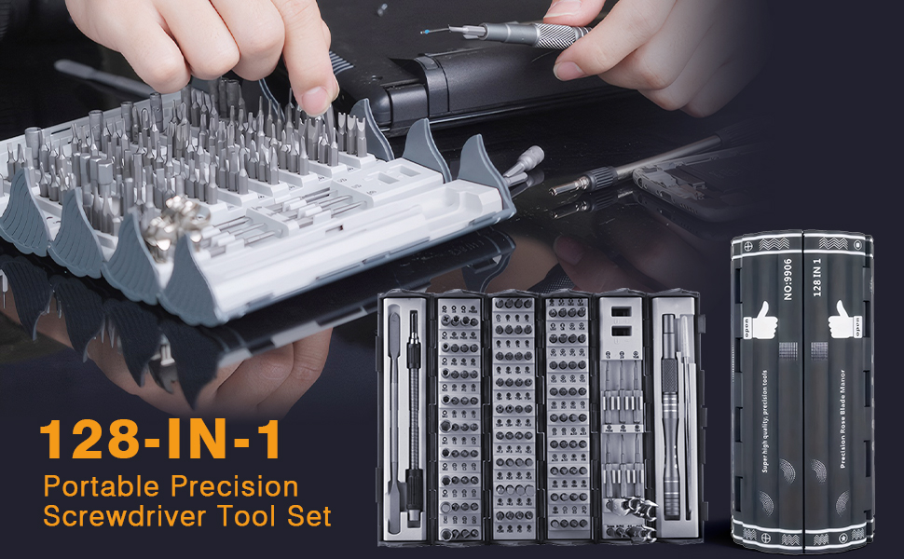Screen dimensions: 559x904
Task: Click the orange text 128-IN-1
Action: click(x=159, y=439)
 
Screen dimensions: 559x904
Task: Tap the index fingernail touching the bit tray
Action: click(x=317, y=97)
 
